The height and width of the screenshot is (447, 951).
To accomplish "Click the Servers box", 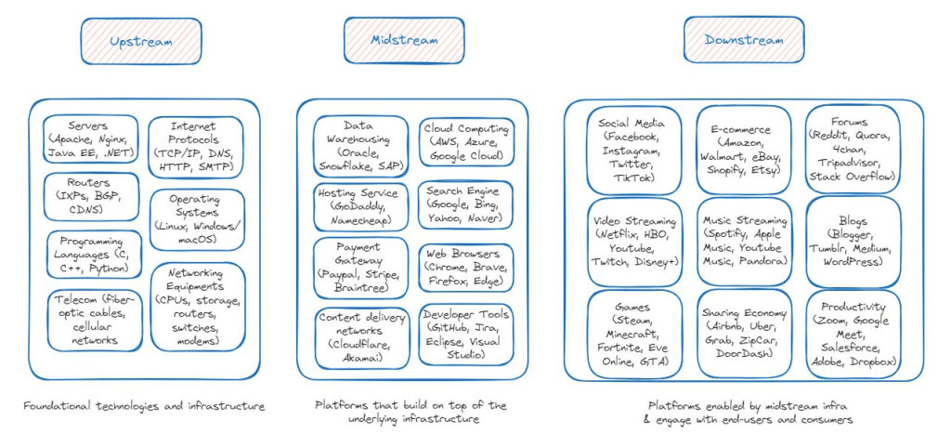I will (x=89, y=139).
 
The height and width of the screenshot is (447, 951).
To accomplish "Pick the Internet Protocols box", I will (x=193, y=147).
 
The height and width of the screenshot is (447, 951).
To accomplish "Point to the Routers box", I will (x=89, y=196).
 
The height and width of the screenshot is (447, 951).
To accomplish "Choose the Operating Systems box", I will (x=193, y=220).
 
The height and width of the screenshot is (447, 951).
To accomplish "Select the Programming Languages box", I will (x=89, y=254).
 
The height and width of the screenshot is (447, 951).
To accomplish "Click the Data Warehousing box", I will (x=360, y=146).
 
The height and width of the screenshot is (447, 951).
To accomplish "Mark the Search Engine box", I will (x=465, y=204).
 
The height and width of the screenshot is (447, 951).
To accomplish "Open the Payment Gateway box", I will (x=360, y=268).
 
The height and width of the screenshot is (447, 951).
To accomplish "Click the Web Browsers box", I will (x=465, y=267).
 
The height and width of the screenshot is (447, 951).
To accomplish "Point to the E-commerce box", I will (x=744, y=150).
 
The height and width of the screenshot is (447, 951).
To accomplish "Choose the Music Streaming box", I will (x=744, y=241).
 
